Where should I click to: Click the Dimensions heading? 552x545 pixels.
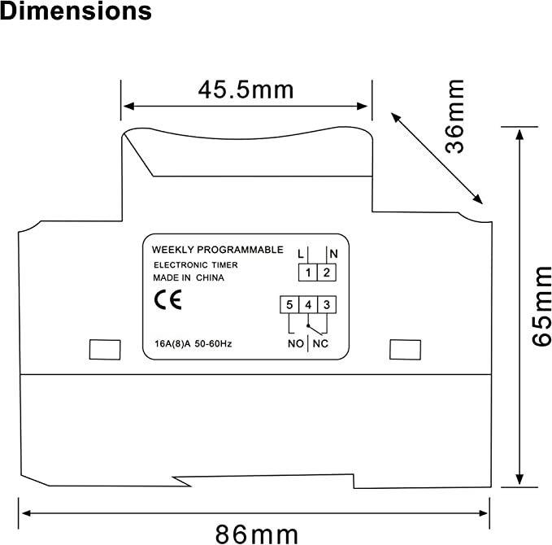pyautogui.click(x=76, y=12)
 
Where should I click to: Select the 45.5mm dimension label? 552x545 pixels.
pyautogui.click(x=246, y=90)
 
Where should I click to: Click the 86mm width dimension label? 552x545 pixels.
pyautogui.click(x=256, y=534)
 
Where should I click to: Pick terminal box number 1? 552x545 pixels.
pyautogui.click(x=308, y=272)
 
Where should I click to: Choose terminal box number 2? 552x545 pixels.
pyautogui.click(x=326, y=272)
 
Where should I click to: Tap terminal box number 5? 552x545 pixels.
pyautogui.click(x=289, y=305)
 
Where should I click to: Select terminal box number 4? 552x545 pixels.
pyautogui.click(x=308, y=305)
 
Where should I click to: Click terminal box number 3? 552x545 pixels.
pyautogui.click(x=326, y=305)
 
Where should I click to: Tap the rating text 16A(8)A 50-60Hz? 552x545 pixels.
pyautogui.click(x=193, y=344)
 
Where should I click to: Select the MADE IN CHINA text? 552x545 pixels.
pyautogui.click(x=189, y=277)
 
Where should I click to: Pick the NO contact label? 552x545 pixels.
pyautogui.click(x=296, y=344)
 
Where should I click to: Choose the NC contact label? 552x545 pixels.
pyautogui.click(x=320, y=344)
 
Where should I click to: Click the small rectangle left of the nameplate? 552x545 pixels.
pyautogui.click(x=102, y=348)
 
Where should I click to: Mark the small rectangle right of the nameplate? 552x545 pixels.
pyautogui.click(x=402, y=348)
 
